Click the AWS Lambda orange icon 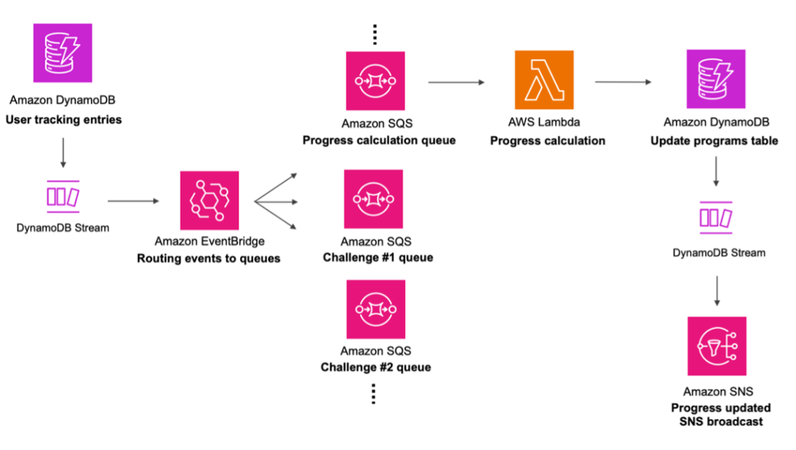click(x=544, y=80)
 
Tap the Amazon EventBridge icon click(x=209, y=200)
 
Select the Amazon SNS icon click(x=717, y=346)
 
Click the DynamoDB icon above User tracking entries click(x=63, y=52)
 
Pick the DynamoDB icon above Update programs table click(x=716, y=79)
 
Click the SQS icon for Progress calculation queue click(x=375, y=81)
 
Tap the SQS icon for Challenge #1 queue click(x=374, y=199)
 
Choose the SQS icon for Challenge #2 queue click(x=375, y=309)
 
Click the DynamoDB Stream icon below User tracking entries click(x=63, y=196)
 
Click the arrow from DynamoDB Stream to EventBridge click(x=134, y=201)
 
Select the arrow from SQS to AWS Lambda click(x=456, y=83)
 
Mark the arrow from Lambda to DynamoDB click(x=622, y=82)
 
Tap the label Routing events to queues click(x=209, y=259)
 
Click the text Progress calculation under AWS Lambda click(x=547, y=141)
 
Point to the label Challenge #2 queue click(x=376, y=367)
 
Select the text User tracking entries click(x=64, y=119)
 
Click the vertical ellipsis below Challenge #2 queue click(x=374, y=394)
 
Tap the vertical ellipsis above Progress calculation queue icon click(x=374, y=34)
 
